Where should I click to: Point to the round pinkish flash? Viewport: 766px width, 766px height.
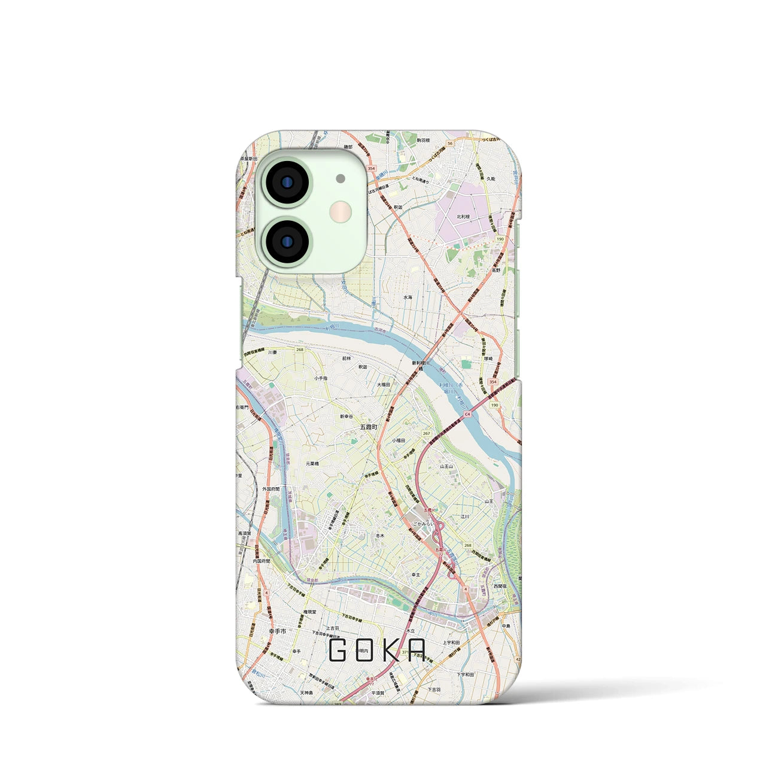(341, 211)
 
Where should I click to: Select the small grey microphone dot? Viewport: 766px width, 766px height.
(341, 178)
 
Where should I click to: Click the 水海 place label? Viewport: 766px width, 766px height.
(408, 297)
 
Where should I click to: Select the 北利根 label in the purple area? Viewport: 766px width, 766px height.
(463, 217)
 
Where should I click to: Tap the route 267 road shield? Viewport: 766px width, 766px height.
(426, 433)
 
